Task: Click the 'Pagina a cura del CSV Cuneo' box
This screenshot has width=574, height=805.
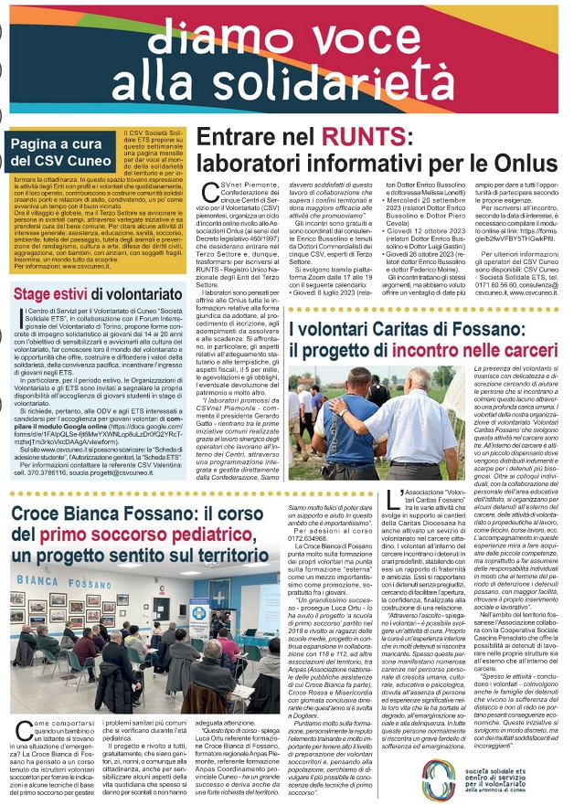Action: click(x=60, y=152)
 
